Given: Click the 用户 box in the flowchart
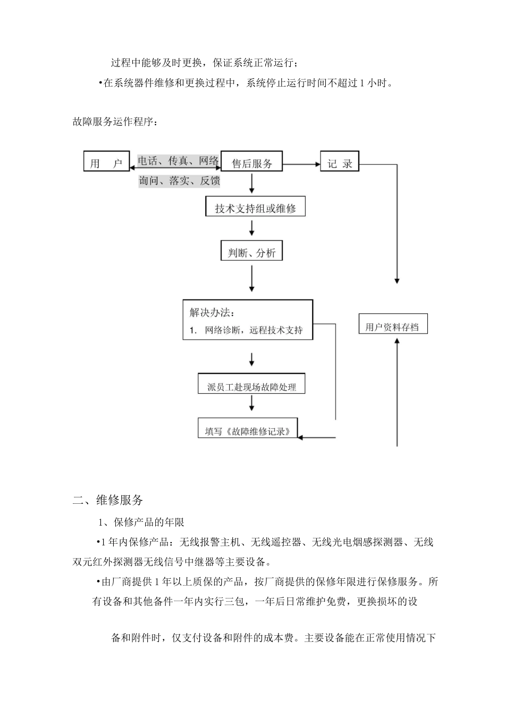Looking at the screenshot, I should pyautogui.click(x=106, y=162).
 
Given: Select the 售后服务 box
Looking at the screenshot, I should pyautogui.click(x=251, y=162).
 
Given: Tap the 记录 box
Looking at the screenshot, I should pyautogui.click(x=340, y=162).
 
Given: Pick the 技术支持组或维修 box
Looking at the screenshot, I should pyautogui.click(x=255, y=207).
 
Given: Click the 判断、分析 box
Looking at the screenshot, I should pyautogui.click(x=251, y=252).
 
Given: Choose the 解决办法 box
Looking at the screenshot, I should pyautogui.click(x=248, y=320).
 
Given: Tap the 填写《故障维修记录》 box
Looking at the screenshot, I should pyautogui.click(x=248, y=429).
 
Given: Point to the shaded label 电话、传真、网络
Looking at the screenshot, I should pyautogui.click(x=179, y=160).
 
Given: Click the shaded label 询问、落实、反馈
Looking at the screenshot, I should pyautogui.click(x=179, y=181).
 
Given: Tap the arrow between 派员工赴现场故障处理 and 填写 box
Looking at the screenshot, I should pyautogui.click(x=251, y=403).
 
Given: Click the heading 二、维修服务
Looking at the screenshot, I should pyautogui.click(x=108, y=500).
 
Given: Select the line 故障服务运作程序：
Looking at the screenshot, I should pyautogui.click(x=115, y=122).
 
